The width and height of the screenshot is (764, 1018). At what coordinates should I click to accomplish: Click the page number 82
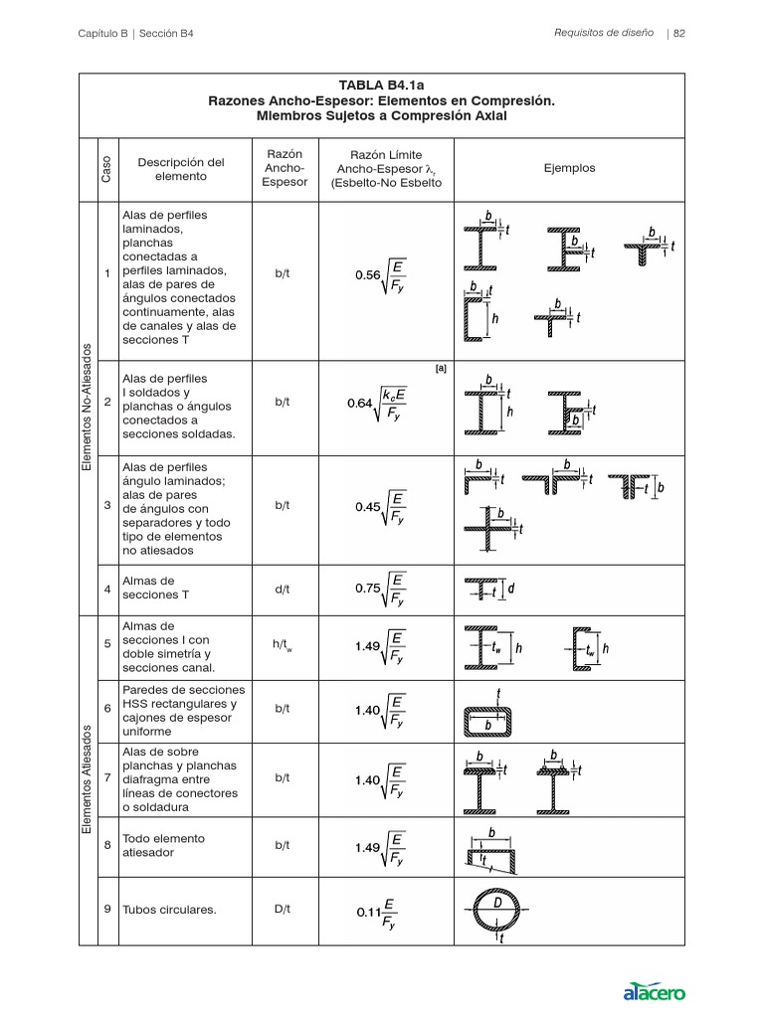(680, 33)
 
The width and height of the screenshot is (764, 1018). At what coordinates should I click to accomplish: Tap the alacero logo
(654, 990)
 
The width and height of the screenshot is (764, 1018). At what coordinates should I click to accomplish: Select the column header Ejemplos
(569, 168)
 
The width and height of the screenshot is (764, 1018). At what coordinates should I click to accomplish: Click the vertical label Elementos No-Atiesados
(87, 408)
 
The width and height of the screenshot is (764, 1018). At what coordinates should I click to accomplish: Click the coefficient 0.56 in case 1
(367, 275)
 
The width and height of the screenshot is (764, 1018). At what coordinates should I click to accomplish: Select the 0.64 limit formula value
(359, 404)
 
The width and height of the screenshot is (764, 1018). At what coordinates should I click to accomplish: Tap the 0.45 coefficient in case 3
(368, 507)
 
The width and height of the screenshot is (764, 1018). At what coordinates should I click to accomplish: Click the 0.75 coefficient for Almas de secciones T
(368, 589)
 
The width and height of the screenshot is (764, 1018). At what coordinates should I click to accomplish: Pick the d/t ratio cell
(283, 589)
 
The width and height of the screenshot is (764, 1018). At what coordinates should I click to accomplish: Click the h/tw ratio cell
(284, 645)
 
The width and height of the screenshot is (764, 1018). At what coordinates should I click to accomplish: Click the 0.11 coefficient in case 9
(368, 911)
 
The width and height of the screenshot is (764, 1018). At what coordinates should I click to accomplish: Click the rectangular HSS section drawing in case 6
(489, 718)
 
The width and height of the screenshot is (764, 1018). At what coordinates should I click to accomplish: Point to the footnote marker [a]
(441, 369)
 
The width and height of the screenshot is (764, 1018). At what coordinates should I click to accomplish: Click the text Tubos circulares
(169, 910)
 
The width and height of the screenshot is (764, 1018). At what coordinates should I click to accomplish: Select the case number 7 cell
(106, 778)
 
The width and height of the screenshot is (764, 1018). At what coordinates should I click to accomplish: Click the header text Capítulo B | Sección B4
(135, 33)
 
